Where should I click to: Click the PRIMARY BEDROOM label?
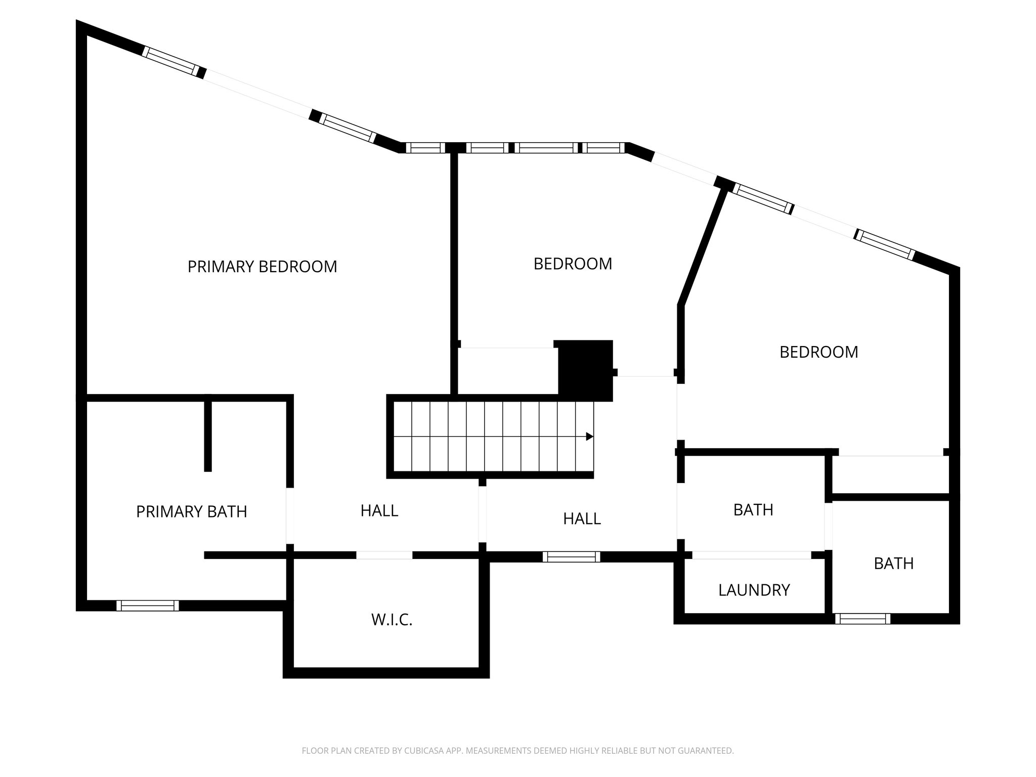(262, 267)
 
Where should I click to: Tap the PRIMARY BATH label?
(191, 512)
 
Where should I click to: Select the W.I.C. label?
(392, 620)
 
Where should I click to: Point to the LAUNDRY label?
(754, 590)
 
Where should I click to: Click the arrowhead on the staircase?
(589, 436)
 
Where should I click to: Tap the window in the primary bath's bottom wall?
(148, 606)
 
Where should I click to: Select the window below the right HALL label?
(572, 556)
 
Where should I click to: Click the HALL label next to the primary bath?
(379, 511)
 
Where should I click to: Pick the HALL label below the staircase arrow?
(582, 519)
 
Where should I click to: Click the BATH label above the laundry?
(753, 510)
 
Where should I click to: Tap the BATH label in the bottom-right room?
(894, 564)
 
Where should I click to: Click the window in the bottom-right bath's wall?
(862, 618)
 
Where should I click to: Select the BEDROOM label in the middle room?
(573, 264)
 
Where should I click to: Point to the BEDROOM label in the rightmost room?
(818, 352)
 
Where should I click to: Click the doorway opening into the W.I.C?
(384, 555)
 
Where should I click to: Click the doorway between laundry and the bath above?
(752, 555)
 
